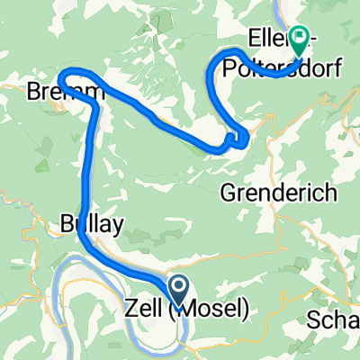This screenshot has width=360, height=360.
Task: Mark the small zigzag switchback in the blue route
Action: tap(238, 139)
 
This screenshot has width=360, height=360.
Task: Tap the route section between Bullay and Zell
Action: tap(126, 266)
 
